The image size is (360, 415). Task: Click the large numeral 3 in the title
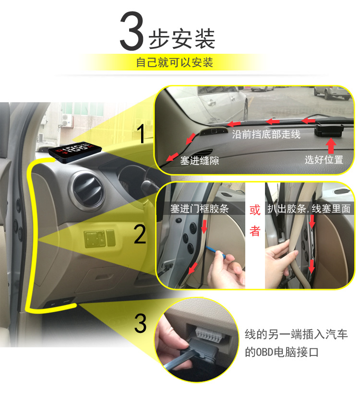(x=131, y=33)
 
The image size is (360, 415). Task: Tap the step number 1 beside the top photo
(x=142, y=133)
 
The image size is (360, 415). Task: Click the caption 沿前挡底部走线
(x=266, y=135)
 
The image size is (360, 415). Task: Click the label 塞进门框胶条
(x=200, y=210)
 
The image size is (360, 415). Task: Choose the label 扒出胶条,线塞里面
(x=315, y=210)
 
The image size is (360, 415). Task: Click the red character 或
(x=255, y=211)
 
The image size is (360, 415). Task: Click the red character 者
(x=255, y=231)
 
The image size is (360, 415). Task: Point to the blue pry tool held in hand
(x=214, y=251)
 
